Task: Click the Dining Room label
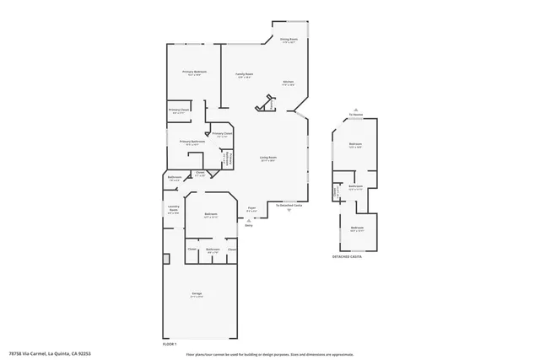coord(289,40)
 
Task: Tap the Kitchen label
coord(288,82)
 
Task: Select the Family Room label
coord(244,75)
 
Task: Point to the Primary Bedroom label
coord(194,73)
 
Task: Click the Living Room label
coord(268,159)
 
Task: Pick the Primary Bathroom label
coord(192,142)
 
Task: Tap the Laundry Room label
coord(173,210)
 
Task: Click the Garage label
coord(197,294)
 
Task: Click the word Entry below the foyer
coord(249,225)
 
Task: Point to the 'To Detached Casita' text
coord(289,205)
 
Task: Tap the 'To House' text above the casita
coord(357,116)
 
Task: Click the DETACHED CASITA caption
coord(347,256)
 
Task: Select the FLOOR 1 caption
coord(170,343)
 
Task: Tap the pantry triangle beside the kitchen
coord(269,104)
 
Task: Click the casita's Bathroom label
coord(355,186)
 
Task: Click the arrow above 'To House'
coord(357,110)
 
